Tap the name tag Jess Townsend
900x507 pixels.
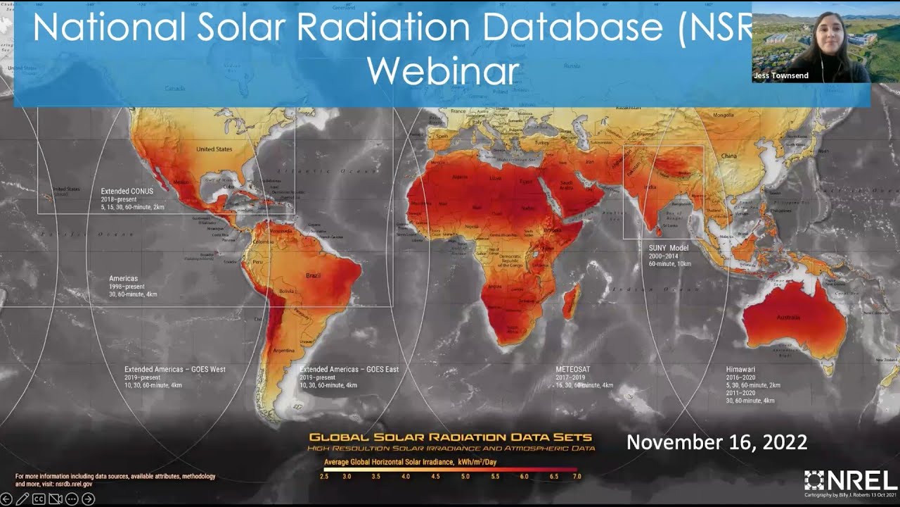click(x=780, y=75)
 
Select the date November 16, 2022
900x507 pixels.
click(x=716, y=442)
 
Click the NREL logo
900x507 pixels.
click(x=851, y=480)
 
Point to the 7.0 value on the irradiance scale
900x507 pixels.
click(x=577, y=477)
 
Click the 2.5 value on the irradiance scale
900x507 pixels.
click(x=324, y=477)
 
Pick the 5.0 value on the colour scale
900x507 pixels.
click(x=465, y=477)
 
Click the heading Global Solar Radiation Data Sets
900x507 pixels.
click(x=450, y=437)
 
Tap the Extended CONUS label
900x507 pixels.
click(x=127, y=191)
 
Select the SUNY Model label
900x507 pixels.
click(x=669, y=248)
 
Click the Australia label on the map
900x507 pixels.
click(x=787, y=318)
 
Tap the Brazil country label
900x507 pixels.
click(x=314, y=276)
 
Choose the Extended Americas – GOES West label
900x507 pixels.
click(x=175, y=369)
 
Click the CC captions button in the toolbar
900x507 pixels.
click(x=39, y=499)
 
